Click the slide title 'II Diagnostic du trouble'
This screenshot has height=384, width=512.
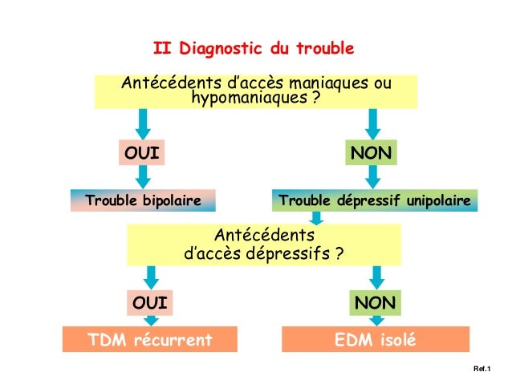(254, 49)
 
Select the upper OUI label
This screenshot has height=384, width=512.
(141, 152)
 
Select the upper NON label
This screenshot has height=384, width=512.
(372, 152)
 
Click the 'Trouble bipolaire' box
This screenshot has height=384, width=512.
(144, 199)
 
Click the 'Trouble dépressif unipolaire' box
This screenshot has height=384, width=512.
(375, 199)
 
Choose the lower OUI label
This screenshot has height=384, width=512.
(150, 303)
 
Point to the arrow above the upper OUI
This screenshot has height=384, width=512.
(144, 123)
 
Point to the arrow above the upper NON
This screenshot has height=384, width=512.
(372, 123)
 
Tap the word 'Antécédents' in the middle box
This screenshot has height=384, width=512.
(264, 236)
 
